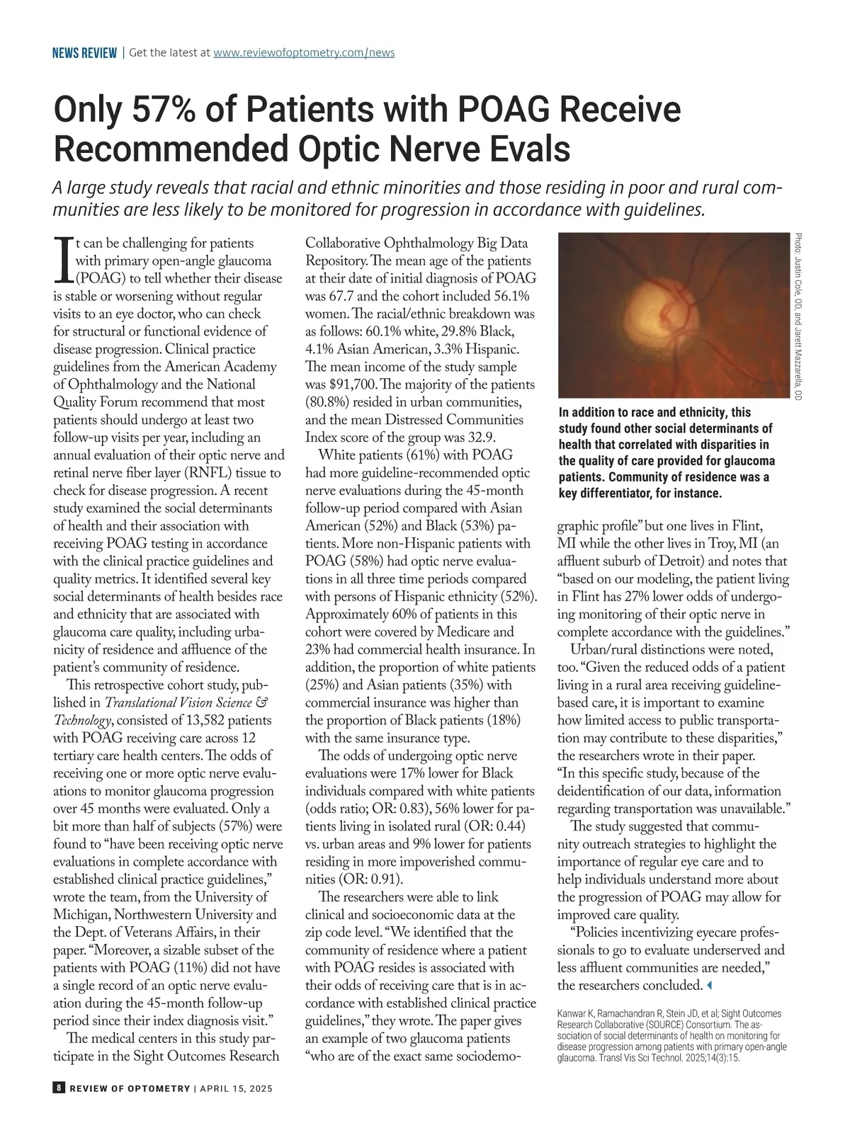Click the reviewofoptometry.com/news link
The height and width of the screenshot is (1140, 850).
[x=304, y=52]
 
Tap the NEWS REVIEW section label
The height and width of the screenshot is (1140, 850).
[x=84, y=53]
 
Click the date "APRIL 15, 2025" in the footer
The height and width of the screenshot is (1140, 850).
[x=236, y=1088]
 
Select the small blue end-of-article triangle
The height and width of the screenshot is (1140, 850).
[x=710, y=985]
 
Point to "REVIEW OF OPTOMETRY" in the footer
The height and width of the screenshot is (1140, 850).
[x=130, y=1088]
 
